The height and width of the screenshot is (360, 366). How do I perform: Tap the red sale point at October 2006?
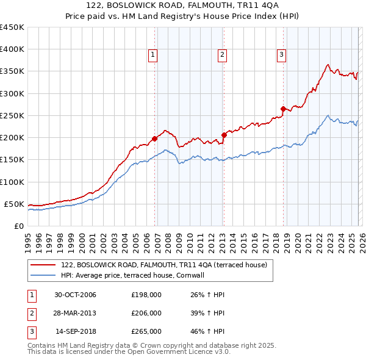[155, 139]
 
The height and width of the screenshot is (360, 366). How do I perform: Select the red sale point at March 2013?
[224, 135]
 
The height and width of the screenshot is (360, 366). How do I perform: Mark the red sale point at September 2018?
[283, 109]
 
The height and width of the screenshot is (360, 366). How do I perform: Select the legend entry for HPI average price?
[140, 275]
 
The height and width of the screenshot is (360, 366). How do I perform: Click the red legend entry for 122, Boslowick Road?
[163, 265]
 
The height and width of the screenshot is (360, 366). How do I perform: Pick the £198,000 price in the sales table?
[146, 295]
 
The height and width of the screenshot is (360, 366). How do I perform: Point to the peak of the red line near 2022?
[328, 64]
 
